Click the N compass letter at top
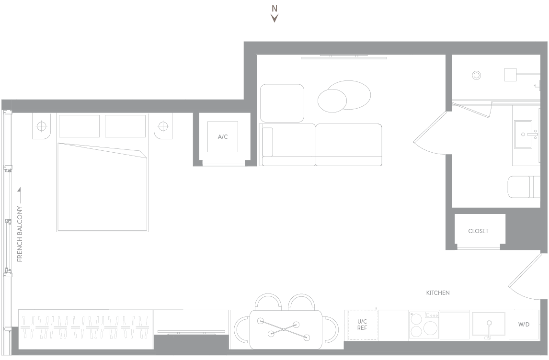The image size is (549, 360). pos(274,9)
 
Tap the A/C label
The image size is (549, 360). pos(223,137)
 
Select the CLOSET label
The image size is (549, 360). pos(478,231)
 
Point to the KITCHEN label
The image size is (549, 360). pos(438,293)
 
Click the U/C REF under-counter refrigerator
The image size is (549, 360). pos(362,325)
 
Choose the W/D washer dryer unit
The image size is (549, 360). pos(524,324)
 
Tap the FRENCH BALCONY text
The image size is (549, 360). pos(20,234)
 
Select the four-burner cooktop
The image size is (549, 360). pos(424,325)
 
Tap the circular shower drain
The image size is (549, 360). pos(476,75)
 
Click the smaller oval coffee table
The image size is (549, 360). pos(332,101)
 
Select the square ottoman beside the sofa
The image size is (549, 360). pos(282,103)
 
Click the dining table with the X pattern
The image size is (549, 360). pos(286,329)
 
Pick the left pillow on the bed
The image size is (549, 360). pos(79,126)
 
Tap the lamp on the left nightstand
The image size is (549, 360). pos(42,126)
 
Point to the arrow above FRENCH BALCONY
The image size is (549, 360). pos(19,195)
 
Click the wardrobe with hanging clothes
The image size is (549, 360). pos(85,329)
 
